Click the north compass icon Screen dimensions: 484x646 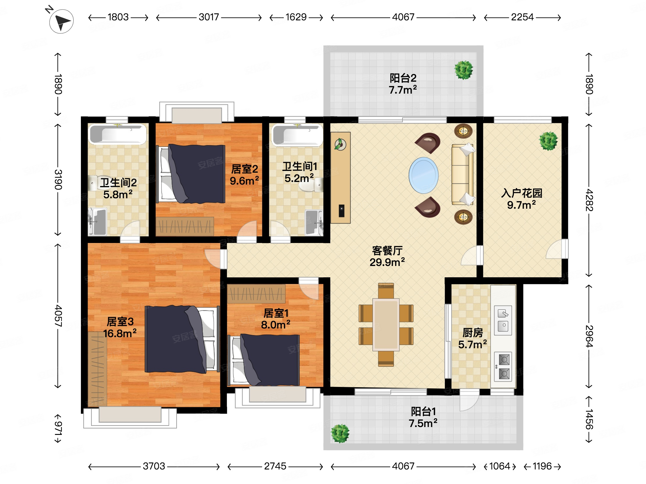[x=61, y=21]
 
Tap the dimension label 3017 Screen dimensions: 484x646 [x=209, y=17]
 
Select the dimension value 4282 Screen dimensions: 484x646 [x=589, y=200]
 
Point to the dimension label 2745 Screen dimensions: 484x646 [x=275, y=466]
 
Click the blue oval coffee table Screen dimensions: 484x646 [x=423, y=175]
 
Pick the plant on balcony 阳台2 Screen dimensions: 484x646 [x=464, y=70]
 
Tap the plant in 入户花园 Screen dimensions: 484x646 [x=548, y=141]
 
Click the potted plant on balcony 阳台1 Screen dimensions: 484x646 [x=340, y=433]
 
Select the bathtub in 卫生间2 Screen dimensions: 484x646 [x=117, y=134]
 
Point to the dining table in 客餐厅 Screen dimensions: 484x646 [x=386, y=324]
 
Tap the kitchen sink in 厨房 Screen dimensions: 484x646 [x=503, y=320]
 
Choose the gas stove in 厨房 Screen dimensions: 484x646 [x=503, y=367]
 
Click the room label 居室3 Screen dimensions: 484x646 [x=120, y=322]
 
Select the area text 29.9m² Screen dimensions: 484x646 [x=387, y=262]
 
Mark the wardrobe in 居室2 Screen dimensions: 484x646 [x=184, y=226]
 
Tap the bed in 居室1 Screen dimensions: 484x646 [x=266, y=360]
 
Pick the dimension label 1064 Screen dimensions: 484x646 [x=500, y=466]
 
